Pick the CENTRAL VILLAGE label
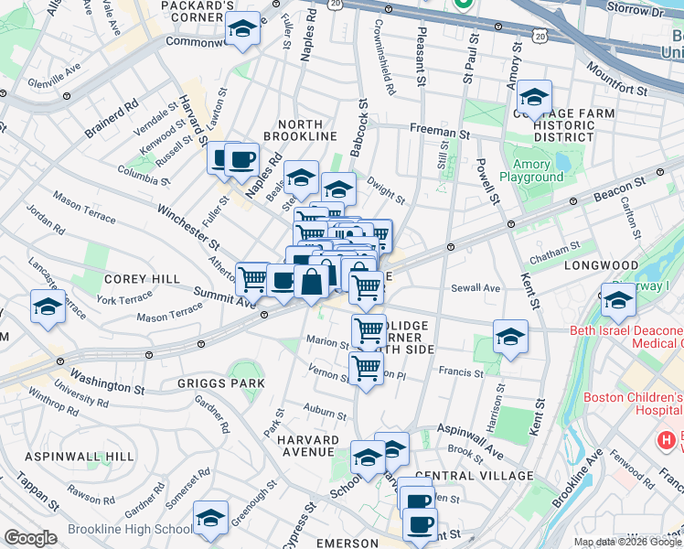point(473,476)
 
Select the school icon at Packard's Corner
point(242,30)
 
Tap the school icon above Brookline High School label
point(211,519)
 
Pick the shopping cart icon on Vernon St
point(366,368)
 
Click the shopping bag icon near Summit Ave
point(311,281)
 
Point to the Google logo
point(30,538)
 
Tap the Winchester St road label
point(188,227)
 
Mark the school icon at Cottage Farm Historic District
point(534,96)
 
